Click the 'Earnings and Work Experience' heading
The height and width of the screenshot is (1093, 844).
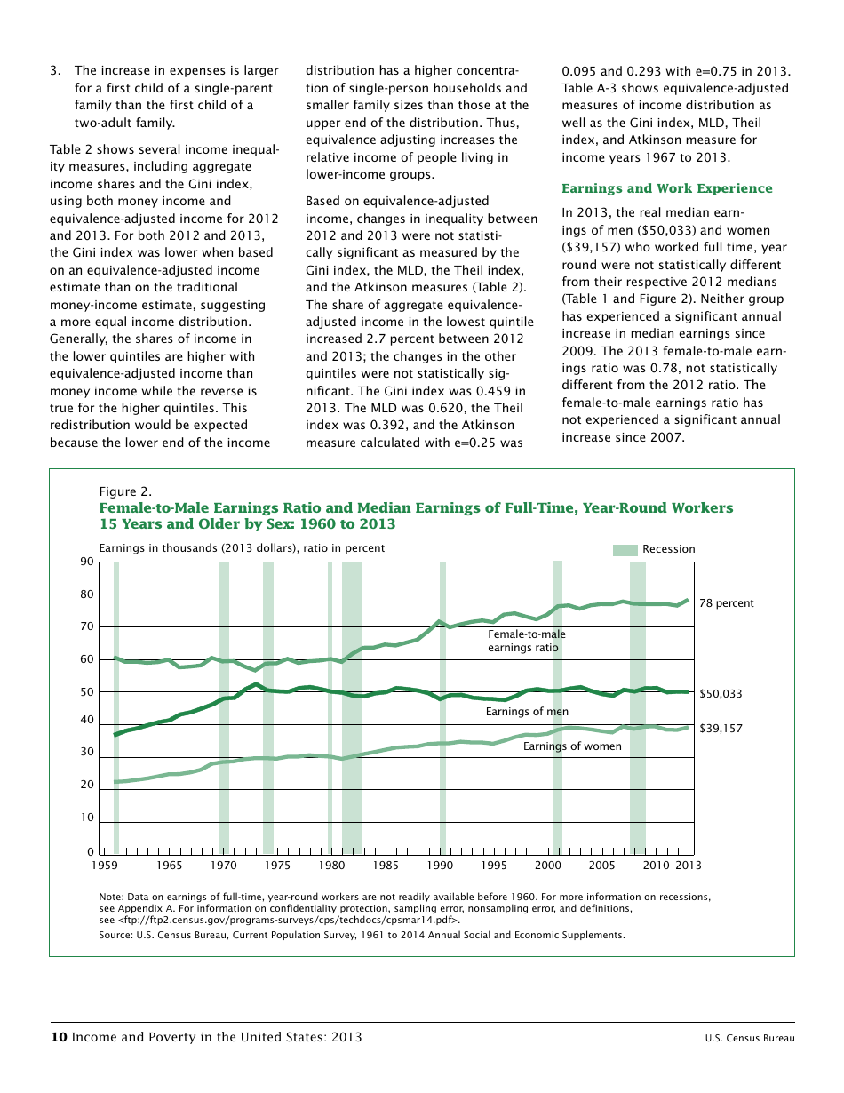(666, 188)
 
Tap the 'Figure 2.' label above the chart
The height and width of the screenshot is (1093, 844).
(125, 491)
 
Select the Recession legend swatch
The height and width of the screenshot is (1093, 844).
(625, 549)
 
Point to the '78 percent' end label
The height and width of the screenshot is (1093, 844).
(726, 603)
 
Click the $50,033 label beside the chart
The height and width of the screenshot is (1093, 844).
(721, 694)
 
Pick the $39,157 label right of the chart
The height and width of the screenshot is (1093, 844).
(721, 729)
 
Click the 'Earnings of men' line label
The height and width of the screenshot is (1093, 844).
(527, 712)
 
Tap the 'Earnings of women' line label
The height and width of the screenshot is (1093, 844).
(571, 746)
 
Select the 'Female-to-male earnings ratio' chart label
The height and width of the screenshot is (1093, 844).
(526, 641)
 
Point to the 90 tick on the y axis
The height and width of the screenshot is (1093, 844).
(87, 562)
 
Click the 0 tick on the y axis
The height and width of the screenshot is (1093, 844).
(91, 853)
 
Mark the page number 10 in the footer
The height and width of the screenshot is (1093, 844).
(59, 1037)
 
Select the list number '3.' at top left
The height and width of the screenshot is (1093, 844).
(55, 70)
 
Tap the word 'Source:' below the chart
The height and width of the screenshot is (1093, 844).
(116, 935)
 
